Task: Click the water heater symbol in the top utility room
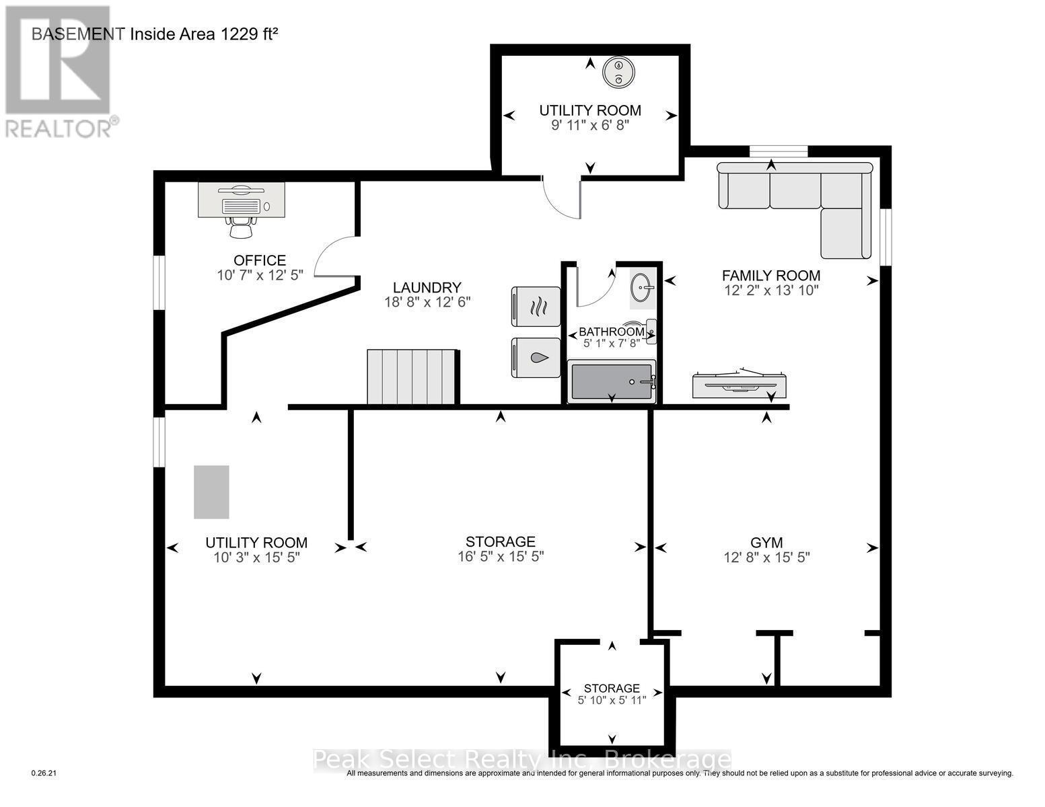(618, 72)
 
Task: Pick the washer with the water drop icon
(536, 358)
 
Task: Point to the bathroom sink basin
(642, 289)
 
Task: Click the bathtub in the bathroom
(611, 382)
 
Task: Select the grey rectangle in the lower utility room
(211, 492)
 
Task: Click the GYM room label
(766, 542)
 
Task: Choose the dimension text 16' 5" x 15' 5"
(500, 557)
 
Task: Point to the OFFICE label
(259, 260)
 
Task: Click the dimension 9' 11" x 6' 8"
(590, 126)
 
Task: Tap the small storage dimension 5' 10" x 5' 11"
(612, 700)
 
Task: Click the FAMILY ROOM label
(770, 275)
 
